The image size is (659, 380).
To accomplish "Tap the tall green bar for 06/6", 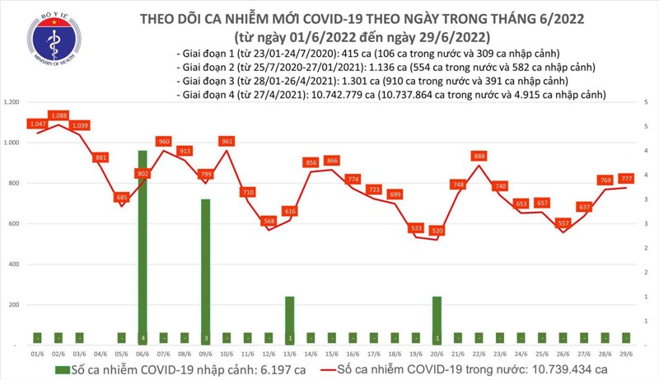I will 143,247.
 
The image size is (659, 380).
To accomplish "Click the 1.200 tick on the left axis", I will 11,102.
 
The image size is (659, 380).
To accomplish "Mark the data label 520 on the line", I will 437,229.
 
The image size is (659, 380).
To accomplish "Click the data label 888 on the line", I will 479,156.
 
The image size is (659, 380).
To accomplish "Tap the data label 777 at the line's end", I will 627,178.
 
